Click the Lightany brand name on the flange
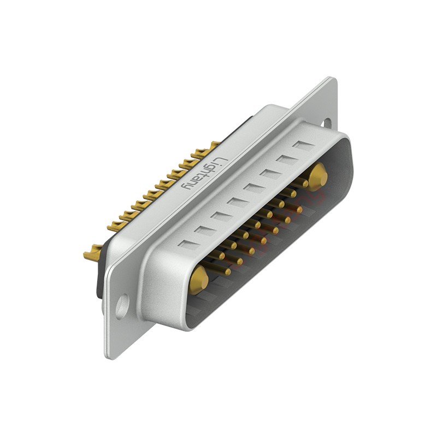(204, 174)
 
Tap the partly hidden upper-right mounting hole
(327, 123)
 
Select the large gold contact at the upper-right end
(317, 176)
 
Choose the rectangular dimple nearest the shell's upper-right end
(303, 145)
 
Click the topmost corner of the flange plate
(333, 79)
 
